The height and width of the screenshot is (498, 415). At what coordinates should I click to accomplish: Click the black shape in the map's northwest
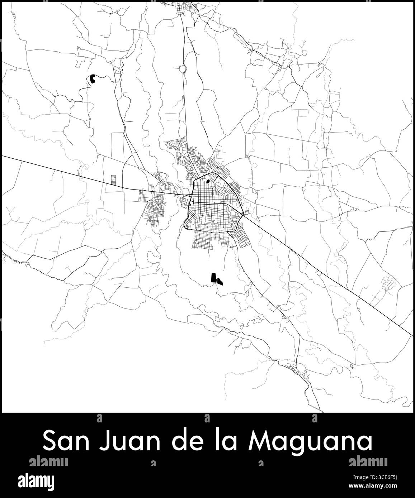(x=93, y=79)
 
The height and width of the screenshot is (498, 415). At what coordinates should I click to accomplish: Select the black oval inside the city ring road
(x=208, y=181)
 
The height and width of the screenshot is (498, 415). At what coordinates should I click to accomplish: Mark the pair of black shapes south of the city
(x=216, y=279)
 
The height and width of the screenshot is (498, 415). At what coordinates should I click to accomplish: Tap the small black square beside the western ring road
(x=190, y=205)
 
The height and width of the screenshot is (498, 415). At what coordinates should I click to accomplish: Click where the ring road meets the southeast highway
(x=244, y=214)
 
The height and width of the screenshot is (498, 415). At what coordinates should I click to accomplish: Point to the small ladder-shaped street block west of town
(x=114, y=179)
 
